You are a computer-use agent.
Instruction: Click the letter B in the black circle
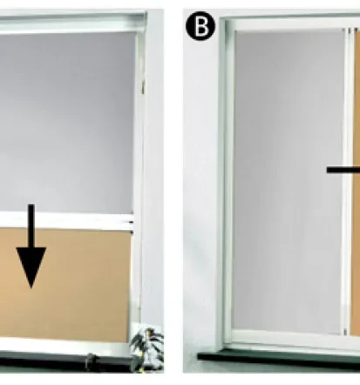pyautogui.click(x=200, y=26)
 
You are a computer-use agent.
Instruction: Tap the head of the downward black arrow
pyautogui.click(x=31, y=267)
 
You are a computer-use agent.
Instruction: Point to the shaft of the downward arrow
pyautogui.click(x=31, y=226)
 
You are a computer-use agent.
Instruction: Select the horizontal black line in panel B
pyautogui.click(x=343, y=170)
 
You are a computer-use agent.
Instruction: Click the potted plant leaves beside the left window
pyautogui.click(x=147, y=346)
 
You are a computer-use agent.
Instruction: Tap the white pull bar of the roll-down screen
pyautogui.click(x=65, y=221)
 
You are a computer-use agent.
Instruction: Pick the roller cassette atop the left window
pyautogui.click(x=72, y=22)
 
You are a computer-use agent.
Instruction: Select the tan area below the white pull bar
pyautogui.click(x=65, y=285)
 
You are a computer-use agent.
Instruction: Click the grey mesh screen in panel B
pyautogui.click(x=288, y=181)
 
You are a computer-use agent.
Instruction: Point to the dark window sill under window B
pyautogui.click(x=279, y=360)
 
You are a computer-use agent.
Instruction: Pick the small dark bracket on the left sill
pyautogui.click(x=91, y=361)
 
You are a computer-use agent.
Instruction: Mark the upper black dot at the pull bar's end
pyautogui.click(x=131, y=223)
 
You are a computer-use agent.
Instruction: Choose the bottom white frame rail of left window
pyautogui.click(x=65, y=346)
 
